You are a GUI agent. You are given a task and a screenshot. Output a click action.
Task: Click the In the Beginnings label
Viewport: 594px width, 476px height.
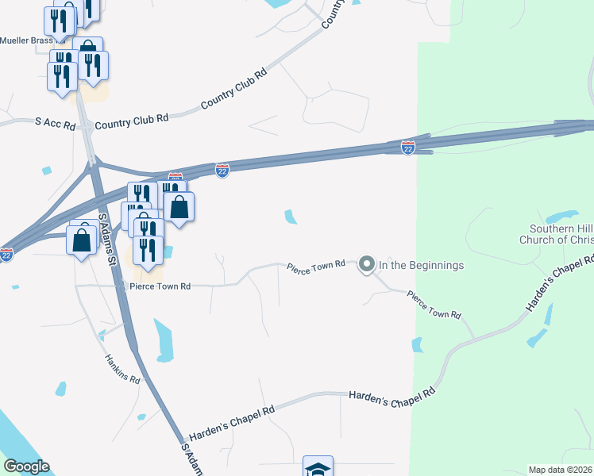(x=421, y=265)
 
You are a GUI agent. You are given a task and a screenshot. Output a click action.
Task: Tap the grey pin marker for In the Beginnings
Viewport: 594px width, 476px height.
(x=367, y=264)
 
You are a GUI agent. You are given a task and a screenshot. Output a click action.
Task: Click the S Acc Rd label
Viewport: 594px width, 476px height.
(x=56, y=125)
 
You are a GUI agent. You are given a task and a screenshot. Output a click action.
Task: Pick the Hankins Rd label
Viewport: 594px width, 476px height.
(x=123, y=369)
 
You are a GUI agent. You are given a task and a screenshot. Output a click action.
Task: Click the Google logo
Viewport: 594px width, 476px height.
(x=26, y=466)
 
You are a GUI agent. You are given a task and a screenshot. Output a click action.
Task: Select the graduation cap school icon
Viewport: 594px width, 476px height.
(x=318, y=468)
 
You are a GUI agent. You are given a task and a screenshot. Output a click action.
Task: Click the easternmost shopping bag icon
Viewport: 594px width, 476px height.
(x=180, y=208)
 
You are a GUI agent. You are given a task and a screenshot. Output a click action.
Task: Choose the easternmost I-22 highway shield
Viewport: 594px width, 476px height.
(x=407, y=148)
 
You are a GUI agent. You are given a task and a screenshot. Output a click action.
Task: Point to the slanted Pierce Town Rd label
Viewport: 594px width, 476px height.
(x=434, y=305)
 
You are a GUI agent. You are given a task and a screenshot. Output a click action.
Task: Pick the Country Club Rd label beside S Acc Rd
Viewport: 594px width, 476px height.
(x=132, y=122)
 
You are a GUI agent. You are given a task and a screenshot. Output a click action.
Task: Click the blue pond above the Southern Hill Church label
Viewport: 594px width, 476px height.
(x=561, y=216)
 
